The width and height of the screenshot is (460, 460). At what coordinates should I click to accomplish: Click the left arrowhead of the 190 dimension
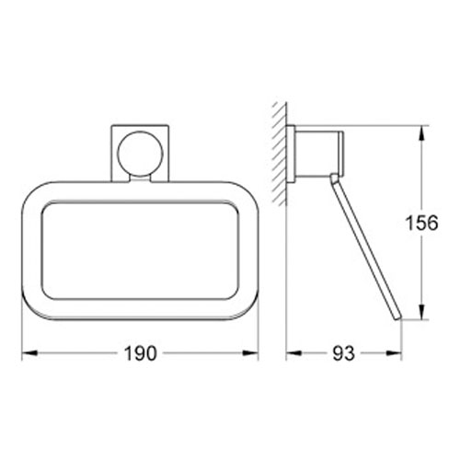tap(28, 353)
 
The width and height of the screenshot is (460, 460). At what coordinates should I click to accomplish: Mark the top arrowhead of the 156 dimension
tap(420, 132)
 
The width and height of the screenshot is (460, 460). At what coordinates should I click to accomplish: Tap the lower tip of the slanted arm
tap(397, 320)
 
